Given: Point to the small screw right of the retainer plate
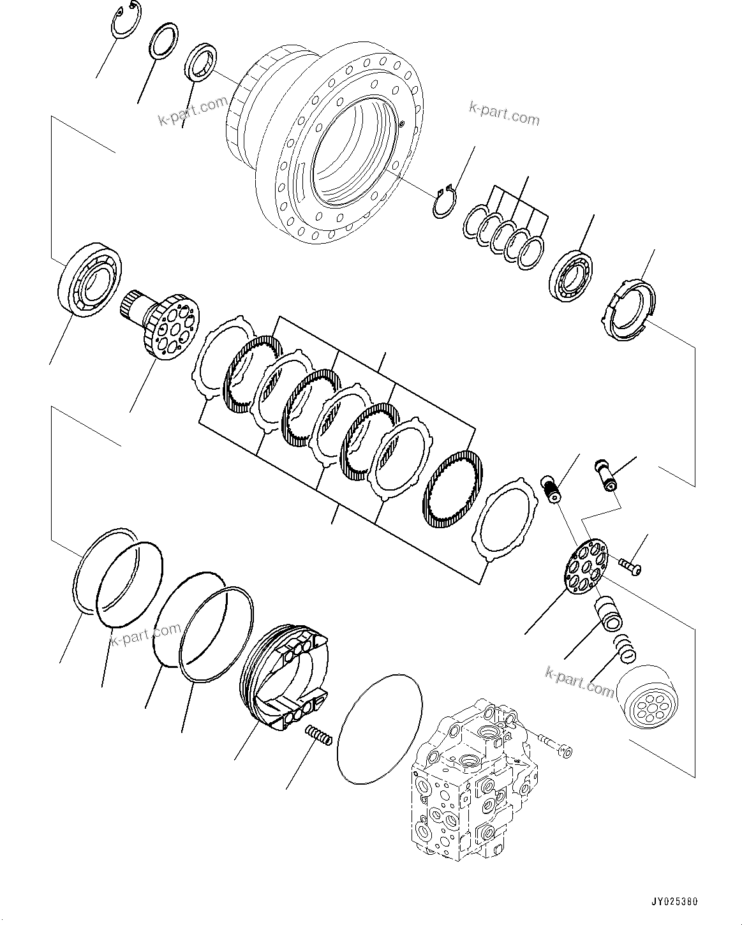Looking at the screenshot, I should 630,564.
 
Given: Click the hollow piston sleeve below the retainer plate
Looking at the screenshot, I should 611,613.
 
